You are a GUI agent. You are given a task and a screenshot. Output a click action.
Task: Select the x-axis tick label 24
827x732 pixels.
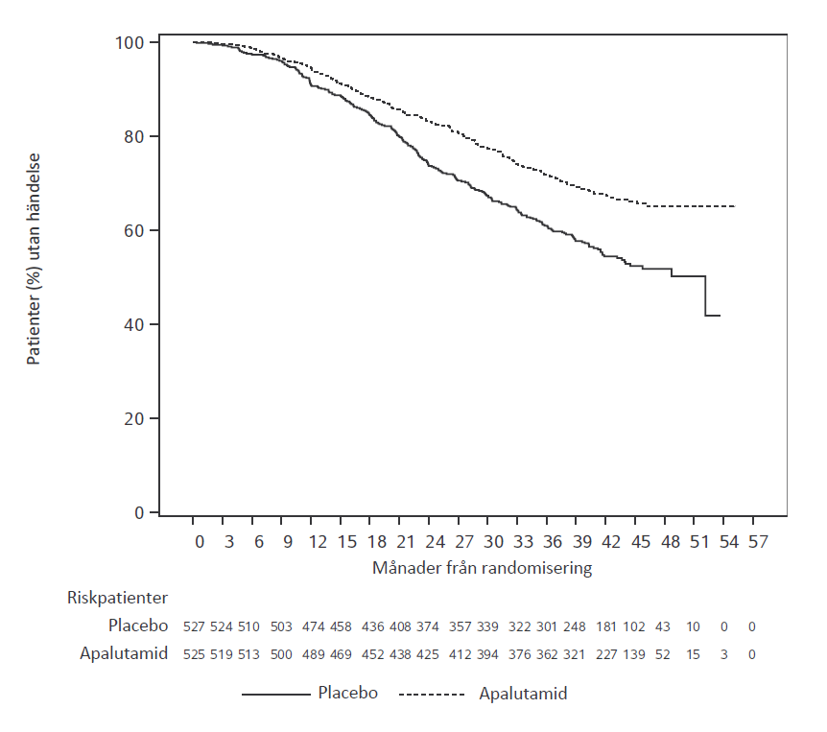435,542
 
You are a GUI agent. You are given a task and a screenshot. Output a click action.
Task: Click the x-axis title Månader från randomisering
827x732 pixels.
482,567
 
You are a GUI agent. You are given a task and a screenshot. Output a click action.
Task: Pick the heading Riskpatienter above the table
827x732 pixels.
117,598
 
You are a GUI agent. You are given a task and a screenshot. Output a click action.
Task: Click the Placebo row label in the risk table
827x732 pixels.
138,626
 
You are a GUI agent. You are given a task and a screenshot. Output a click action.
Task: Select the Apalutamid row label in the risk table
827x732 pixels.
124,653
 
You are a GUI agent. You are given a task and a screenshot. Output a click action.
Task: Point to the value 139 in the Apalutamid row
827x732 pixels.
634,654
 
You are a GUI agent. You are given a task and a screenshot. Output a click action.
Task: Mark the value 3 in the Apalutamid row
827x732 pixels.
723,654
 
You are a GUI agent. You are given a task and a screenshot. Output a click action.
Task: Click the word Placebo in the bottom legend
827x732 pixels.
347,692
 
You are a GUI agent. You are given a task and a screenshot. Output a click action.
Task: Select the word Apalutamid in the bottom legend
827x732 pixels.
523,693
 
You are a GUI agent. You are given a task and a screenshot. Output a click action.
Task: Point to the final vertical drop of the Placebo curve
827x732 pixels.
705,295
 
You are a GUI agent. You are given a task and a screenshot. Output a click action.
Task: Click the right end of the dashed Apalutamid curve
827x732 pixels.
734,206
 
